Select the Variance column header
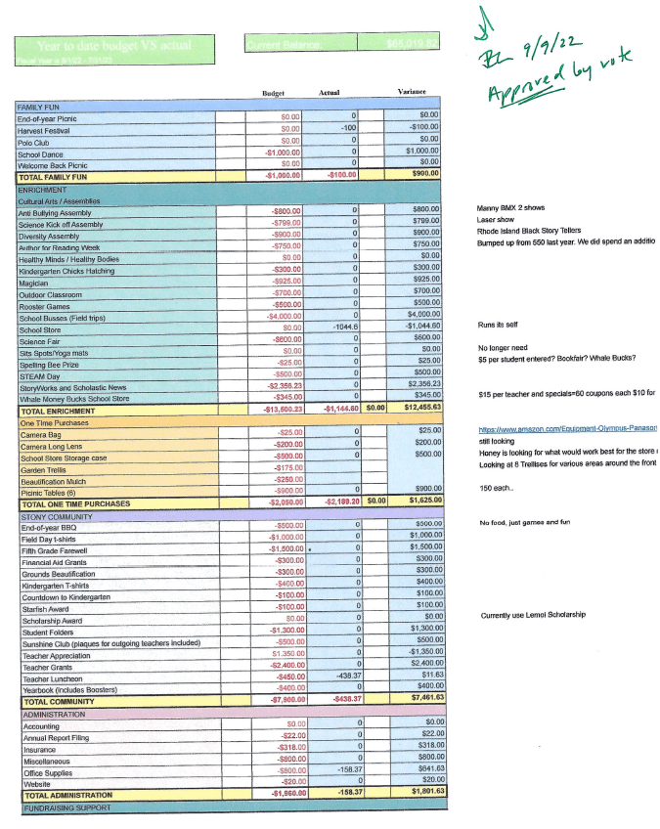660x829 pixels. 411,92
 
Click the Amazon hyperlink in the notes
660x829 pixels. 567,428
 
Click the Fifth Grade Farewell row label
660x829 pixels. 56,550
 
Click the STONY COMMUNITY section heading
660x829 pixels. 56,515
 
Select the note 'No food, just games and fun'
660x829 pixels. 524,524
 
